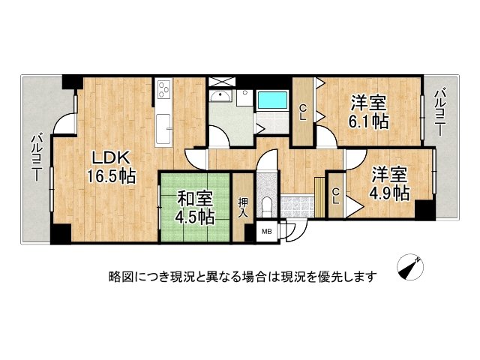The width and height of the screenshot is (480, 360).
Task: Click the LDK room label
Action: click(x=112, y=158)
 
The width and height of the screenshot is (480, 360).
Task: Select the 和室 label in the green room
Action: click(x=194, y=199)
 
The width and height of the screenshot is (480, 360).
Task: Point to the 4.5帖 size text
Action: click(x=195, y=217)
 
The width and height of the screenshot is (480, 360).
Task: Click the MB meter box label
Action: click(x=267, y=232)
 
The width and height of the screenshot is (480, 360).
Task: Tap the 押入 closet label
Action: click(x=243, y=206)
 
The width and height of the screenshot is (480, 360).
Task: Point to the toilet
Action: click(x=266, y=205)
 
